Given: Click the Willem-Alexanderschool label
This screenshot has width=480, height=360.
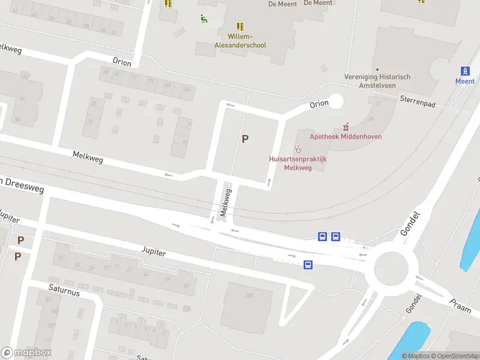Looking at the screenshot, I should tap(241, 41).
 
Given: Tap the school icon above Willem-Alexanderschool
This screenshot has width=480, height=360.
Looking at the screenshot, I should tap(241, 26).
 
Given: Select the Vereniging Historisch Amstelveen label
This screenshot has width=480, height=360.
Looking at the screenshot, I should tap(377, 81).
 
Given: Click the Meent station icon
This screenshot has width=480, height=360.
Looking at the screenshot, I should tap(464, 71).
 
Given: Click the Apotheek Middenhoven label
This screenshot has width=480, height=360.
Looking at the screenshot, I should tap(346, 136).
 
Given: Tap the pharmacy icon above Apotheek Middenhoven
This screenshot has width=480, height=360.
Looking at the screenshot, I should tap(346, 127).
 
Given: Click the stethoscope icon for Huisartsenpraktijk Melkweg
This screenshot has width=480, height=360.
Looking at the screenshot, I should tap(297, 149).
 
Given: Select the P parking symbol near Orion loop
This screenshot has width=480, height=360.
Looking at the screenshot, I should tap(245, 139).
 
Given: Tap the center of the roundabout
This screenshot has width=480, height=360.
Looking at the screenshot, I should tap(391, 268).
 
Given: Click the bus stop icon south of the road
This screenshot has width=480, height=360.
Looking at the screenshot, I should tap(308, 265).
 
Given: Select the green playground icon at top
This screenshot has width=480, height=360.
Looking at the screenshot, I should tap(205, 18).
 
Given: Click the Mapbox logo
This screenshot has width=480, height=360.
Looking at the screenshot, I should tap(26, 353).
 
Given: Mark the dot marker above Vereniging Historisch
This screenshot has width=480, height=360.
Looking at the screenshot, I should tap(377, 70).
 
